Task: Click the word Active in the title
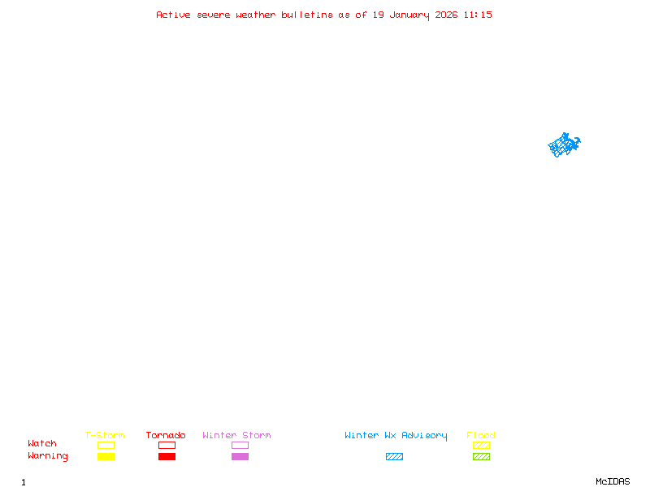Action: pyautogui.click(x=174, y=15)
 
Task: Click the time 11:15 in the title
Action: pyautogui.click(x=479, y=15)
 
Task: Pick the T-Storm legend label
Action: pyautogui.click(x=105, y=435)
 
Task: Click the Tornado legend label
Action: pyautogui.click(x=166, y=435)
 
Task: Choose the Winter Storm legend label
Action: pyautogui.click(x=236, y=435)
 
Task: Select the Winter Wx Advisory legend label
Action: pyautogui.click(x=396, y=435)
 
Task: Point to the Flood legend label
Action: pyautogui.click(x=481, y=435)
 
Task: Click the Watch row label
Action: pyautogui.click(x=42, y=444)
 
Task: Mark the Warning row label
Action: pyautogui.click(x=48, y=456)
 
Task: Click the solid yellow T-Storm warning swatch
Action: pyautogui.click(x=106, y=456)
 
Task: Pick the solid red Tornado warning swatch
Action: pyautogui.click(x=167, y=456)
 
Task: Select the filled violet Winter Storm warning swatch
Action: pyautogui.click(x=240, y=456)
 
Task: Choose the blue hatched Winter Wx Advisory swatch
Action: pyautogui.click(x=394, y=456)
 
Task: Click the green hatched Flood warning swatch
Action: pyautogui.click(x=481, y=456)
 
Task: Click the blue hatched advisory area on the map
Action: pyautogui.click(x=563, y=145)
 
